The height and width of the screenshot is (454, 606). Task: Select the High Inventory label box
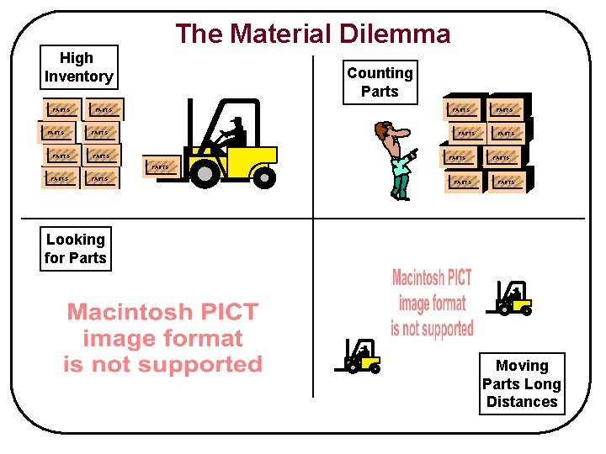(x=78, y=67)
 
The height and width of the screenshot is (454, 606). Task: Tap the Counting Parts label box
(x=380, y=82)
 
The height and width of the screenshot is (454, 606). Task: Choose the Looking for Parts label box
(x=76, y=249)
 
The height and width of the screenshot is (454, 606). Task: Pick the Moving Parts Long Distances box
(x=522, y=383)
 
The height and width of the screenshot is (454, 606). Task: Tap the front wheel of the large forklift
(x=205, y=173)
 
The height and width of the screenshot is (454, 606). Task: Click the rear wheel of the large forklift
(x=264, y=177)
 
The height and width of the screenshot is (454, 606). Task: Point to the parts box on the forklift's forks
(x=161, y=167)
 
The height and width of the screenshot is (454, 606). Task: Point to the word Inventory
(x=78, y=77)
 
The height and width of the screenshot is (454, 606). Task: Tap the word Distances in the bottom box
(x=522, y=402)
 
